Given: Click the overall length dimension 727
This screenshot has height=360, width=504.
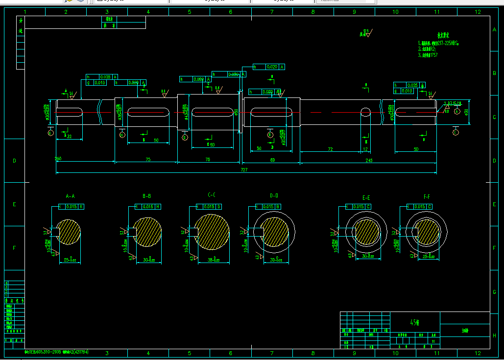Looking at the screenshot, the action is [x=244, y=169].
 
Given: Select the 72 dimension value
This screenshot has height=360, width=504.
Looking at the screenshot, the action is [x=330, y=148].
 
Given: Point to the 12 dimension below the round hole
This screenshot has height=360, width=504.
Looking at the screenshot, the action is [x=364, y=148].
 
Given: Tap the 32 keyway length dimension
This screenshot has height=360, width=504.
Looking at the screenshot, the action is [x=69, y=137].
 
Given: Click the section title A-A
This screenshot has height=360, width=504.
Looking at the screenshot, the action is [x=70, y=196].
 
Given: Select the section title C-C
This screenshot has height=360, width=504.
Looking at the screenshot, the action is [x=212, y=195].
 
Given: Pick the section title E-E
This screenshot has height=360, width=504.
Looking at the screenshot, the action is [x=366, y=197].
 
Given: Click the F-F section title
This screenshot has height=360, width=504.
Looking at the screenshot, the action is [x=427, y=196].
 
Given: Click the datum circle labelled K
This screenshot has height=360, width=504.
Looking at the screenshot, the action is [x=50, y=132].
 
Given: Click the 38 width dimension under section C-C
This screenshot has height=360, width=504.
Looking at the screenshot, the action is [x=211, y=260].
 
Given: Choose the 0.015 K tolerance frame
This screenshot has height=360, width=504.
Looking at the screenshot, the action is [x=71, y=206].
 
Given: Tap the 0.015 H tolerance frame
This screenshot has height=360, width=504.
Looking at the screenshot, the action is [x=148, y=206].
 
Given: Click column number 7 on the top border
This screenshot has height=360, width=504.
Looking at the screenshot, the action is [x=272, y=11].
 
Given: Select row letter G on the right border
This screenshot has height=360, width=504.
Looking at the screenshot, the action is [x=494, y=291].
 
